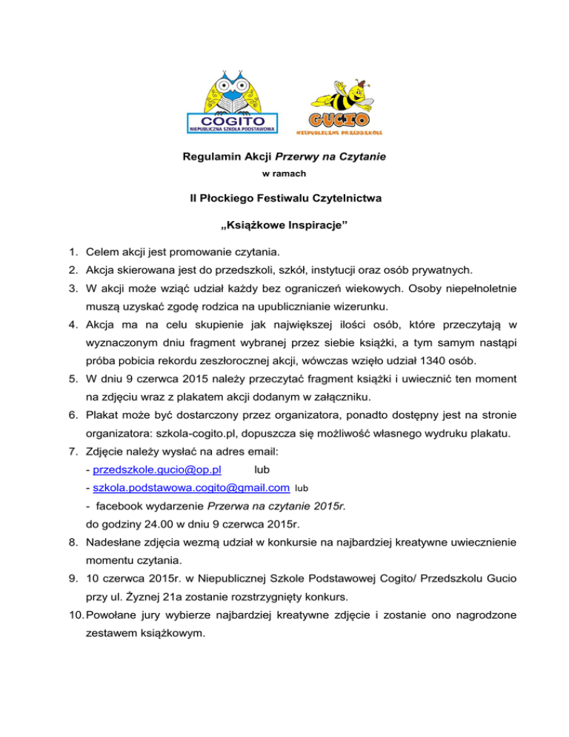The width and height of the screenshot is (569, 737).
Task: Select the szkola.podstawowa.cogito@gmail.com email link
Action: coord(188,488)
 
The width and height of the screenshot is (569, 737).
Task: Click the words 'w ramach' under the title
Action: coord(284,174)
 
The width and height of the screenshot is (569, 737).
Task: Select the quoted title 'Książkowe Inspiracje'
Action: coord(284,224)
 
